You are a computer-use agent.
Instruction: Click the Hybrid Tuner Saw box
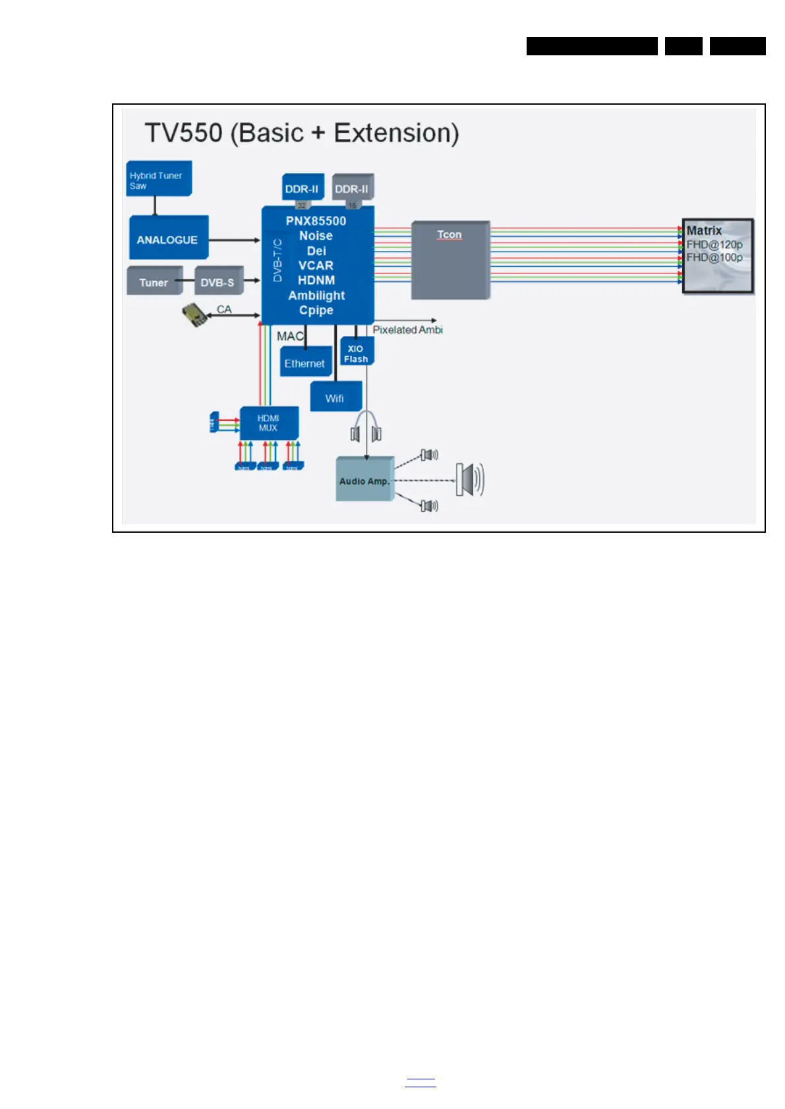tap(159, 179)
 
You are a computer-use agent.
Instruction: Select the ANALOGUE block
tap(168, 239)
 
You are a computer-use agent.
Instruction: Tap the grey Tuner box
tap(154, 282)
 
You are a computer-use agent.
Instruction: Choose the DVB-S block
tap(218, 282)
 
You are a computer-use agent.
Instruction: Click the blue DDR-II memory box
tap(302, 188)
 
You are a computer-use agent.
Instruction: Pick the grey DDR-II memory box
tap(352, 188)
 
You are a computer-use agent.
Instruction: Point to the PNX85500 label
tap(316, 221)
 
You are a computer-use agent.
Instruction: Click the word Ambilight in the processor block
tap(316, 295)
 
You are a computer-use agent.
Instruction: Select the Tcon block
tap(450, 260)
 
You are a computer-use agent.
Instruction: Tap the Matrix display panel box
tap(717, 256)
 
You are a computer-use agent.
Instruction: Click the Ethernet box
tap(305, 363)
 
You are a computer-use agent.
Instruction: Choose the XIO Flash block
tap(356, 353)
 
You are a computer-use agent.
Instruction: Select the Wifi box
tap(335, 398)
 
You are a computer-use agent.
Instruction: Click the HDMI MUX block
tap(268, 423)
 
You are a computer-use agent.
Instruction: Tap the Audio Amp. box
tap(364, 480)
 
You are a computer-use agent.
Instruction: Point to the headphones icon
tap(366, 428)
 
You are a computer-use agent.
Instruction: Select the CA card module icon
tap(194, 315)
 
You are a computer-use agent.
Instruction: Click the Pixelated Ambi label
tap(407, 329)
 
